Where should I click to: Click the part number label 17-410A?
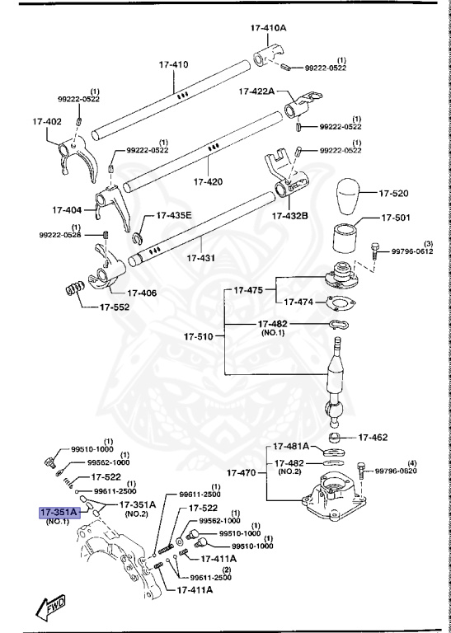pyautogui.click(x=268, y=27)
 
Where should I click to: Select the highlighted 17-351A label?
pyautogui.click(x=59, y=511)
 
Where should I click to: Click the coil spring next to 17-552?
pyautogui.click(x=77, y=291)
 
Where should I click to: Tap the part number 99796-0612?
pyautogui.click(x=412, y=252)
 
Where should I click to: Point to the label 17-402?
pyautogui.click(x=48, y=121)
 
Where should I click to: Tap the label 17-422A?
pyautogui.click(x=258, y=91)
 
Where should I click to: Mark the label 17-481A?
pyautogui.click(x=292, y=446)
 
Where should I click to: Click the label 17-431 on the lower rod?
pyautogui.click(x=201, y=258)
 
